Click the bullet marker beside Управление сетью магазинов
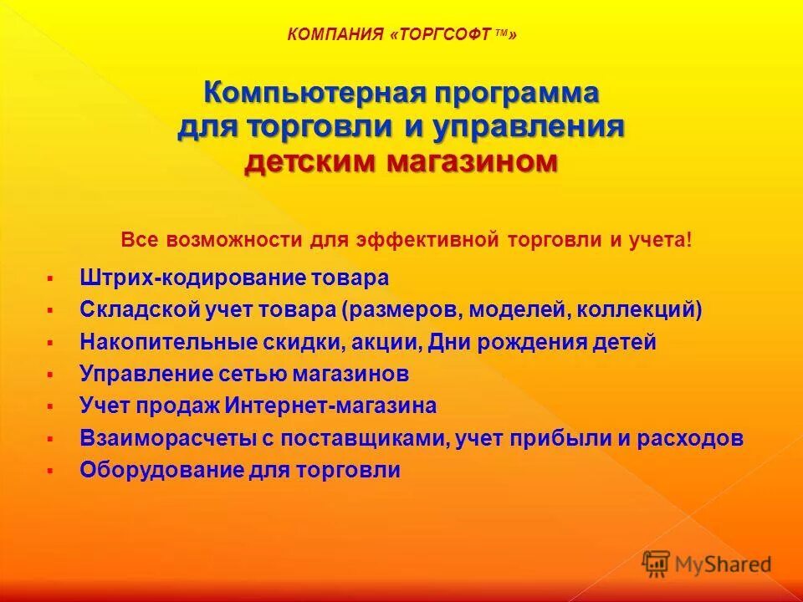(x=50, y=374)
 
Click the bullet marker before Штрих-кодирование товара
(x=50, y=278)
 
